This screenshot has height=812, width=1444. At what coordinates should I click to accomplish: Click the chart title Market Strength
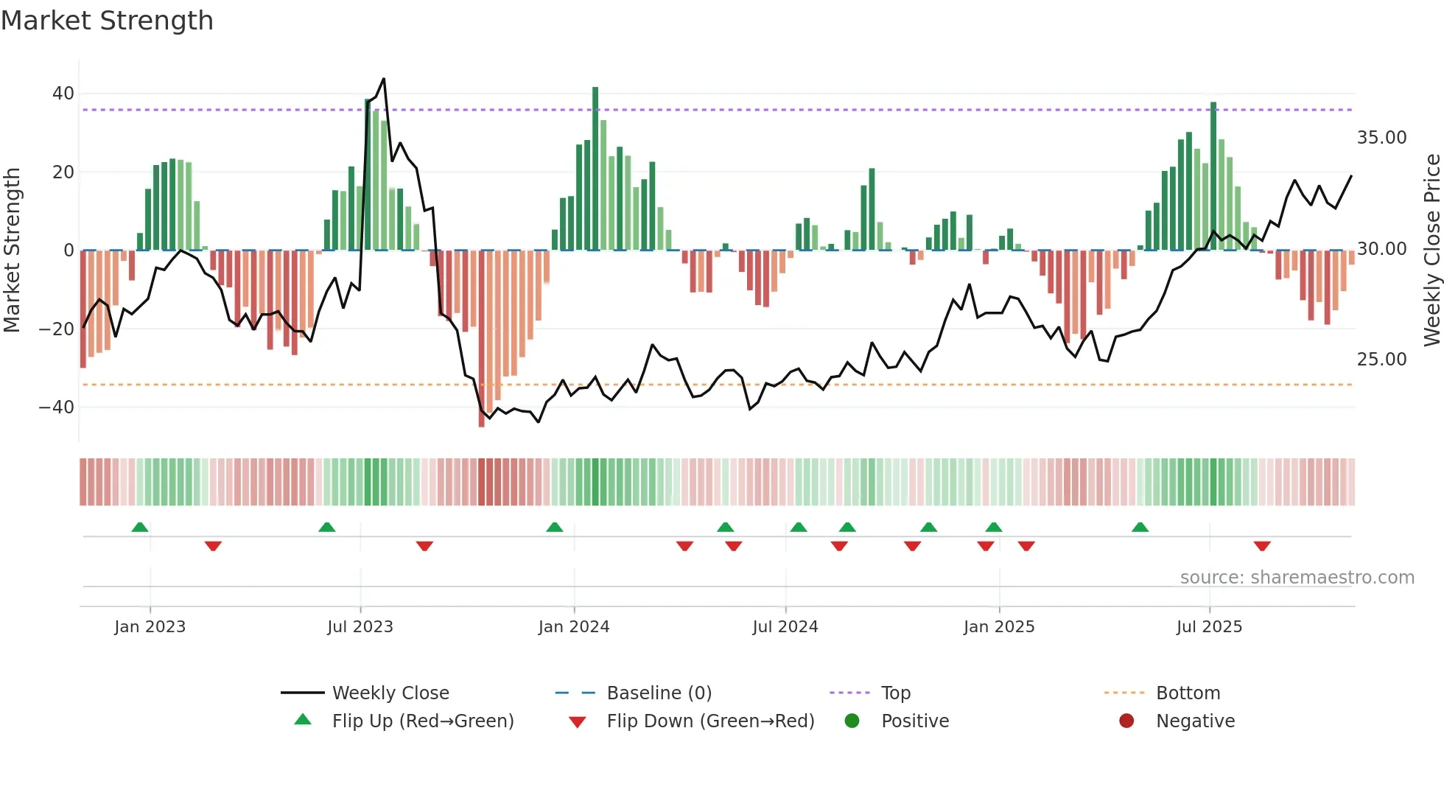coord(107,21)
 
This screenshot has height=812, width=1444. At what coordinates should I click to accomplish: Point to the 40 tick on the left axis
coord(63,94)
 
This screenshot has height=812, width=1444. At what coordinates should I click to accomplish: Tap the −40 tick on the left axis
coord(57,407)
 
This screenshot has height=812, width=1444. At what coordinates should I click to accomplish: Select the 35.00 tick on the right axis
coord(1381,138)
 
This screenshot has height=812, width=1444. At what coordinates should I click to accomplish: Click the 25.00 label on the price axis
coord(1381,360)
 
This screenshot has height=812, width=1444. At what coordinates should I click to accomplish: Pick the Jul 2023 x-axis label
coord(360,627)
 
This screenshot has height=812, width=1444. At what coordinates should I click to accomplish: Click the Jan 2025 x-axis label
coord(999,627)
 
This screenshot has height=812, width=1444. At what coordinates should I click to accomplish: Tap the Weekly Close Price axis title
coord(1431,250)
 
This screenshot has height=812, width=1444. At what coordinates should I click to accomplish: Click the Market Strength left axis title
coord(12,250)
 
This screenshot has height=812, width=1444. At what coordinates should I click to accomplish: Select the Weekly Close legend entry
coord(390,693)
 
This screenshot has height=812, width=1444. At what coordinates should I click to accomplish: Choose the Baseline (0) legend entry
coord(659,693)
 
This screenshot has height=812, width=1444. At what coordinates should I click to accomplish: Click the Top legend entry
coord(896,693)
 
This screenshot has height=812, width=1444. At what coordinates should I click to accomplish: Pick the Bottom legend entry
coord(1188,693)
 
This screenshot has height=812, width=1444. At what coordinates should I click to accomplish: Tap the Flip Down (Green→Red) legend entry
coord(710,721)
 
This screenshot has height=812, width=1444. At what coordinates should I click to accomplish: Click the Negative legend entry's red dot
coord(1126,721)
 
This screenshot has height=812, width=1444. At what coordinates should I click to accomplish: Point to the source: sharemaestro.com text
coord(1297,578)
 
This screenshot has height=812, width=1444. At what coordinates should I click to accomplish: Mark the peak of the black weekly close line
coord(384,79)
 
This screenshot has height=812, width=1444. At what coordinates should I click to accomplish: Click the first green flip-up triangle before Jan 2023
coord(140,527)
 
